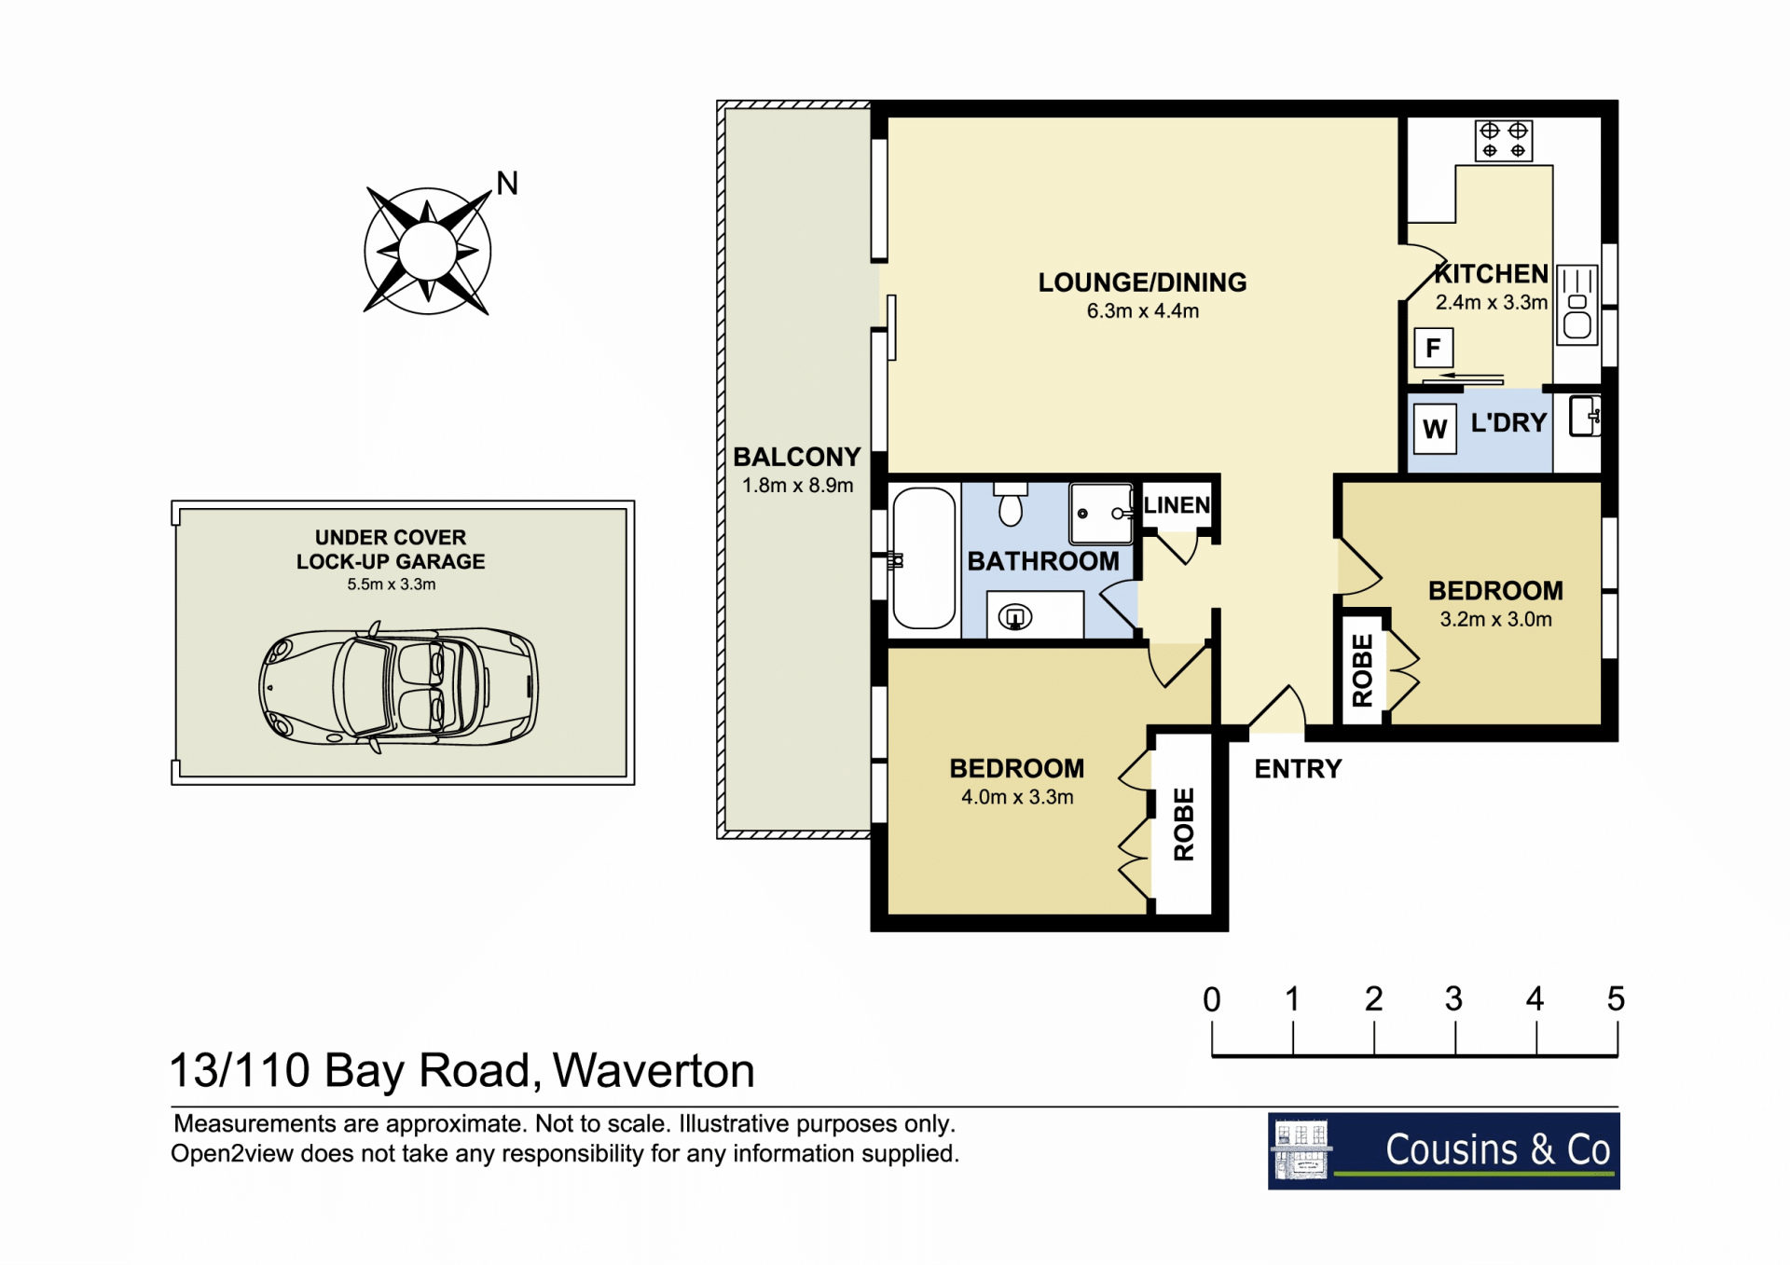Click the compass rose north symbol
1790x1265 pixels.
click(428, 250)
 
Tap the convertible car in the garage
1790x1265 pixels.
click(399, 687)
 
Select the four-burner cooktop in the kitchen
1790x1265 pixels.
click(1504, 140)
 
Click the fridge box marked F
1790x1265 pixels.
click(1433, 349)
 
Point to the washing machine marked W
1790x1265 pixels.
click(1435, 429)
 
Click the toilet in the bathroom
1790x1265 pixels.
click(1011, 504)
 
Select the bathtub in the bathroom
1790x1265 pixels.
click(924, 558)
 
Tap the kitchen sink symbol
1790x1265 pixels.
click(1577, 305)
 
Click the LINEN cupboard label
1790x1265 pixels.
click(1177, 505)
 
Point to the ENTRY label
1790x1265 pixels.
click(1298, 769)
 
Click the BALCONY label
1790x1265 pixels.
click(797, 457)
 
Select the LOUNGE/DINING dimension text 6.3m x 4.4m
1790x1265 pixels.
click(1143, 311)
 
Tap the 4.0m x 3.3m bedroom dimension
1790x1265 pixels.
click(1017, 797)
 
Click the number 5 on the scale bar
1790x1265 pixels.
click(1616, 999)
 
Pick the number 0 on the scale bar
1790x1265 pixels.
click(1212, 999)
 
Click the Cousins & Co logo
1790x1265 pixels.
click(1443, 1150)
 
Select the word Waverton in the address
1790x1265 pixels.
click(654, 1070)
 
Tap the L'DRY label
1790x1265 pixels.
click(1508, 423)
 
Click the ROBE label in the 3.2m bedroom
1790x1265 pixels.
click(1363, 669)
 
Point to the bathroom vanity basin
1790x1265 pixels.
click(1015, 616)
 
